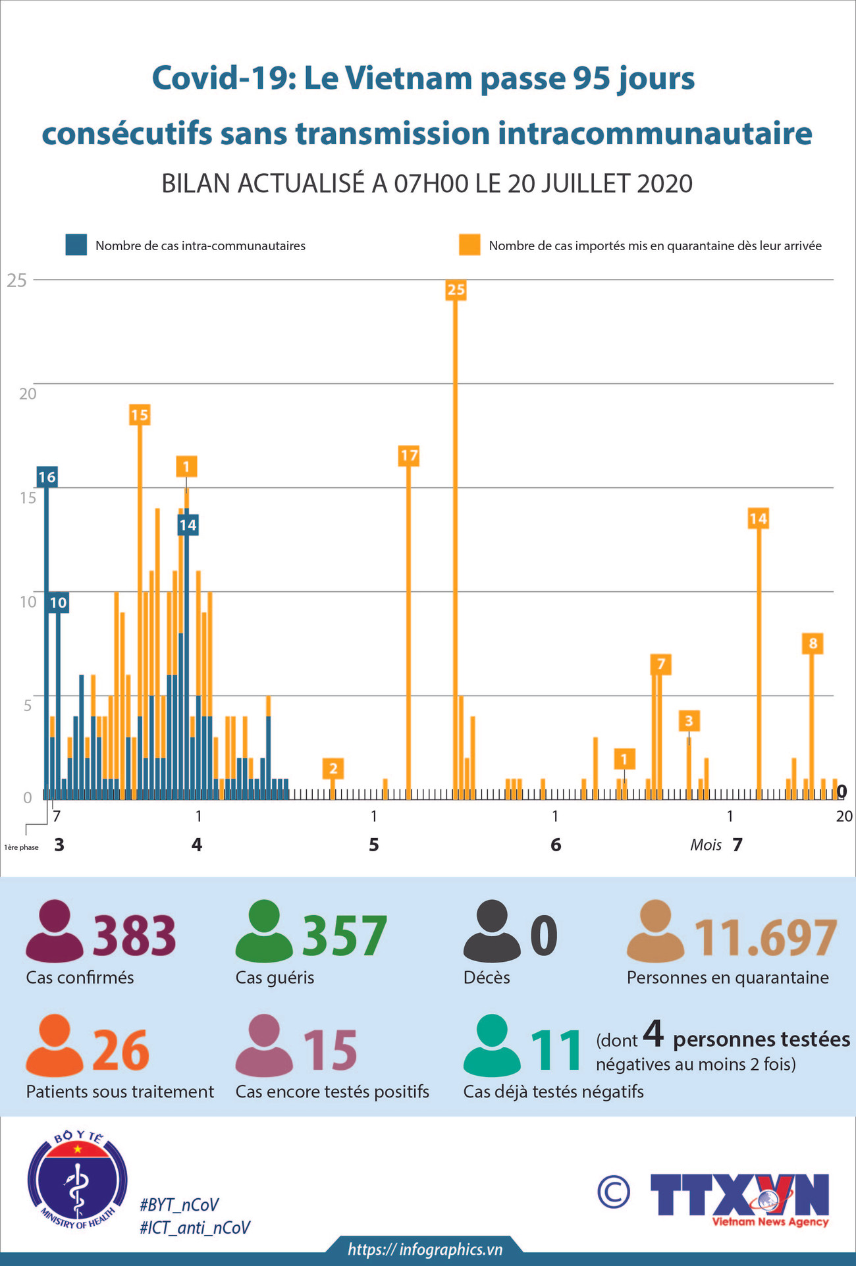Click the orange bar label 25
pos(456,289)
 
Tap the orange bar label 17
pos(409,456)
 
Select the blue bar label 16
pos(47,477)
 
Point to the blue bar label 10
pos(58,602)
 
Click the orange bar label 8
pos(813,643)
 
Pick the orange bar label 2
pos(333,768)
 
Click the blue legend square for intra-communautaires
pos(76,245)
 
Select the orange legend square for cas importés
pos(469,245)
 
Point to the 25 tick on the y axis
pos(17,280)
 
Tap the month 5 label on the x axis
pos(374,845)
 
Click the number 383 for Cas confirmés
pos(134,936)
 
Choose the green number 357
pos(344,936)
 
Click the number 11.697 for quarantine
pos(766,937)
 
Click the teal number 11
pos(556,1050)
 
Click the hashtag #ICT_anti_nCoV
pos(195,1228)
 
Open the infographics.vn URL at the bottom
pos(425,1250)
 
